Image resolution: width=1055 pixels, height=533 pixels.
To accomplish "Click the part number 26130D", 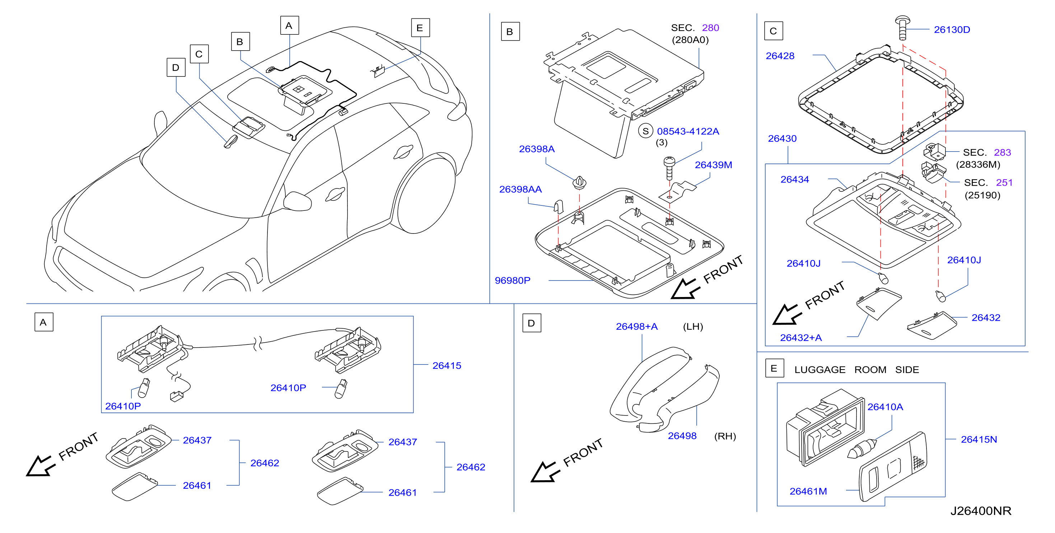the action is (952, 29).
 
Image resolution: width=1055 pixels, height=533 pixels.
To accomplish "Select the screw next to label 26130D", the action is (902, 27).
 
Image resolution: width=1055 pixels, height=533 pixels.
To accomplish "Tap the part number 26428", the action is (780, 56).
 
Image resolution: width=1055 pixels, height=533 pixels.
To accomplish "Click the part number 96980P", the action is (512, 280).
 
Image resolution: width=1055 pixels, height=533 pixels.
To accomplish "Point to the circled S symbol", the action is (645, 131).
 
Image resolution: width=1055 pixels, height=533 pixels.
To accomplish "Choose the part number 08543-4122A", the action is (688, 131).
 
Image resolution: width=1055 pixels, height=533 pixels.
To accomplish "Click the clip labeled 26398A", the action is (579, 182).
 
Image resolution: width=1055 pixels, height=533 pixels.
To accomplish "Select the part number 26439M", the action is (713, 165).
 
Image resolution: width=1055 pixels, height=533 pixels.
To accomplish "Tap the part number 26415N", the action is (979, 439).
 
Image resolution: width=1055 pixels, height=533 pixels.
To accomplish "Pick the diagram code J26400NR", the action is (980, 510).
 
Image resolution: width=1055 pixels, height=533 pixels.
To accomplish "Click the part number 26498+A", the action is (636, 326).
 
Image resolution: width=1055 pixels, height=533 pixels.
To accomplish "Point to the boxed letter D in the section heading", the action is (532, 323).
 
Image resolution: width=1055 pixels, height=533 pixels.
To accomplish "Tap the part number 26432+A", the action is (800, 338).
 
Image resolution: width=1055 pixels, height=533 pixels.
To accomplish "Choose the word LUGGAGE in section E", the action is (820, 370).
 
